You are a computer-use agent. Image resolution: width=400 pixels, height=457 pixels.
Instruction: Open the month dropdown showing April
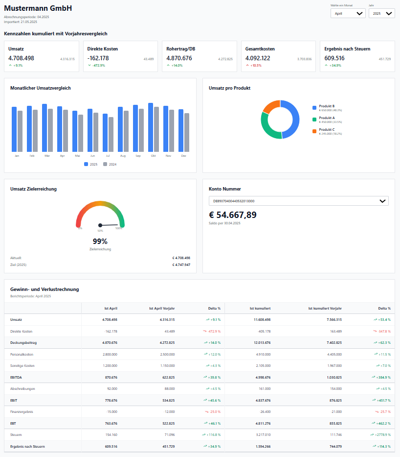pos(347,14)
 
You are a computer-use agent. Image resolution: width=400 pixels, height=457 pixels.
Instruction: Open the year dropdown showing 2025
pos(381,14)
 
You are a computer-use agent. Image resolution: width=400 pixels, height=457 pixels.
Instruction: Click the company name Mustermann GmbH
pos(38,8)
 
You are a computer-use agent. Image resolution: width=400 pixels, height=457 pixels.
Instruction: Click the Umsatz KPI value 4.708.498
pos(22,58)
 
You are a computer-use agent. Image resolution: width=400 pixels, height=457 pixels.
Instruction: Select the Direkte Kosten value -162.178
pos(98,58)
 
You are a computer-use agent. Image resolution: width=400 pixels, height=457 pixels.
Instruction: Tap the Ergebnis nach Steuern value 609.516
pos(334,58)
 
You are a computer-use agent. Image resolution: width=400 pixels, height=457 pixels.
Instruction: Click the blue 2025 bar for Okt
pos(151,127)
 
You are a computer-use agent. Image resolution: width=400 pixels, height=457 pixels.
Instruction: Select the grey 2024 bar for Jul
pos(111,134)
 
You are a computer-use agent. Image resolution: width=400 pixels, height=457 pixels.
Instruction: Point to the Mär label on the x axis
pos(47,156)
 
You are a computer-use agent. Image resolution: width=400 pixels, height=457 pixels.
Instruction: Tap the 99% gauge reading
pos(100,241)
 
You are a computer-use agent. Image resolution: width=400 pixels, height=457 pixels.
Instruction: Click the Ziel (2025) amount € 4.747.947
pos(181,265)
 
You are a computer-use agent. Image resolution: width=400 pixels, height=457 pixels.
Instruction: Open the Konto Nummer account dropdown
pos(298,201)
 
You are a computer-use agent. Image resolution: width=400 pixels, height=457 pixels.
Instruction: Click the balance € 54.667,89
pos(233,215)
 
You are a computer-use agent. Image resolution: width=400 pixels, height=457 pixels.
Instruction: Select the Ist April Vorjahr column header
pos(162,309)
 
